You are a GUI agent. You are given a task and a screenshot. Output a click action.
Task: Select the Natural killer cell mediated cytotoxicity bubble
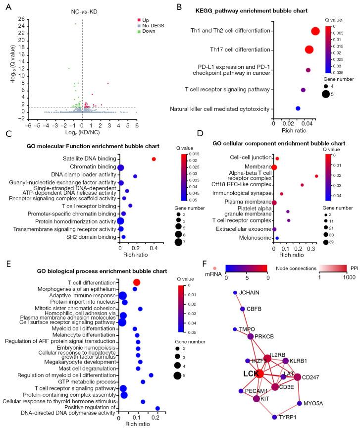(298, 108)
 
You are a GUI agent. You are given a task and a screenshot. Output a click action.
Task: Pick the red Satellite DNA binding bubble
(154, 159)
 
